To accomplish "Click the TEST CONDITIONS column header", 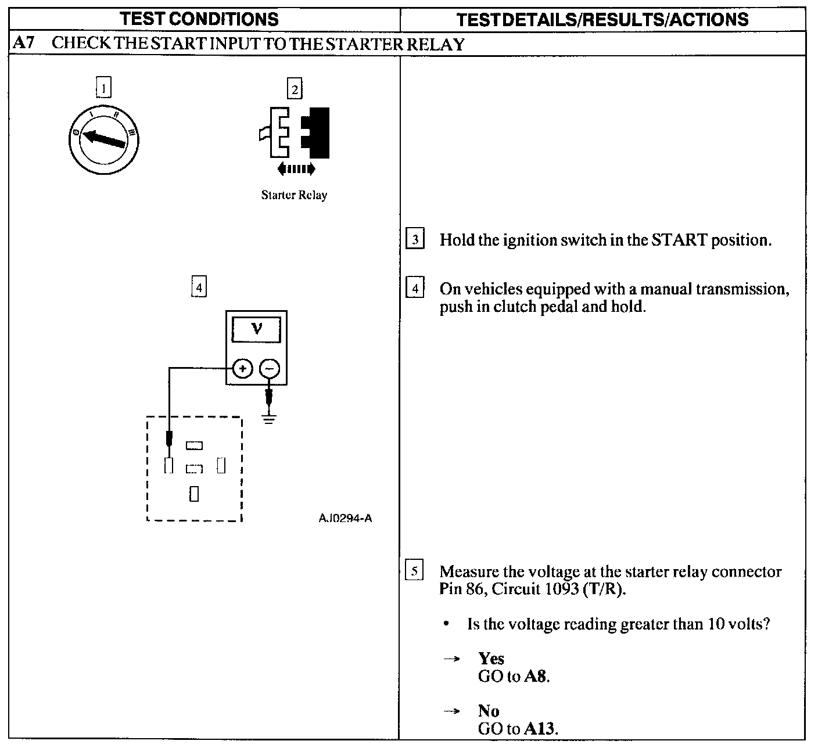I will pyautogui.click(x=199, y=19).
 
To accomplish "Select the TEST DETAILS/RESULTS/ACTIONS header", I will pyautogui.click(x=602, y=20).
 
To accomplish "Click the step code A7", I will pyautogui.click(x=24, y=44).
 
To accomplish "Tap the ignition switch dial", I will pyautogui.click(x=103, y=139).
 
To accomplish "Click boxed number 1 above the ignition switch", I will pyautogui.click(x=103, y=88).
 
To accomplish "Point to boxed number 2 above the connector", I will pyautogui.click(x=295, y=89).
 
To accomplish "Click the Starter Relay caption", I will pyautogui.click(x=294, y=195).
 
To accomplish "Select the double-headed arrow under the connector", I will pyautogui.click(x=296, y=169).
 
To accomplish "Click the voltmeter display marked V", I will pyautogui.click(x=256, y=330).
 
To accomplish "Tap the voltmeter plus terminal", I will pyautogui.click(x=243, y=368).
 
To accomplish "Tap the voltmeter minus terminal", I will pyautogui.click(x=268, y=368).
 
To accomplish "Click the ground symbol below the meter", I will pyautogui.click(x=268, y=418).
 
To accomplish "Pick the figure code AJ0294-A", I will pyautogui.click(x=345, y=518).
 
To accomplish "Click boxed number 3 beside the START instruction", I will pyautogui.click(x=415, y=239).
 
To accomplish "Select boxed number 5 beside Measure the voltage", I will pyautogui.click(x=414, y=571).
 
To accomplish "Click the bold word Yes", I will pyautogui.click(x=491, y=659).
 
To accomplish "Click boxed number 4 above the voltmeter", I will pyautogui.click(x=199, y=287).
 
